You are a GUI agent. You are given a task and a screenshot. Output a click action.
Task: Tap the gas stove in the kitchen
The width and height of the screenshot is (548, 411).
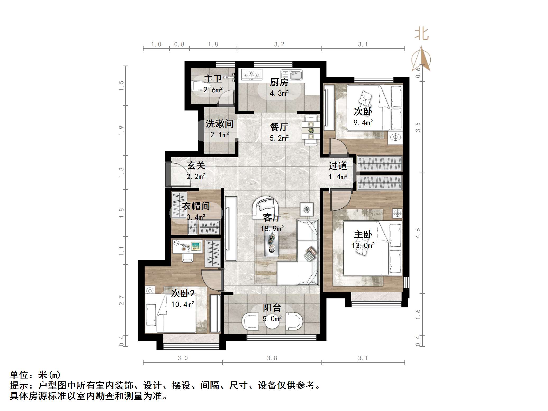(x=252, y=75)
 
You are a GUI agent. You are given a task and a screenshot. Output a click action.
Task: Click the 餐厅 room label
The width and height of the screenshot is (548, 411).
(x=279, y=127)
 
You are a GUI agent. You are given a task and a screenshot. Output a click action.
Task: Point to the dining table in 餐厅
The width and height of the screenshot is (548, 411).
(x=311, y=130)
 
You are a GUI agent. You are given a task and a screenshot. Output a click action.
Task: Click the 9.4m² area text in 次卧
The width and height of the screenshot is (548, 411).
(x=363, y=123)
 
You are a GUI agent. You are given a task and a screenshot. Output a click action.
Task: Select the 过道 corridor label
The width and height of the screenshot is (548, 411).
(x=338, y=166)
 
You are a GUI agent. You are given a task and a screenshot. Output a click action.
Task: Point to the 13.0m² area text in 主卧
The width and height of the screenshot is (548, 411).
(x=363, y=246)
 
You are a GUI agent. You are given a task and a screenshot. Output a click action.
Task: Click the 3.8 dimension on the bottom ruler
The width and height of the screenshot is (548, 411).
(x=272, y=358)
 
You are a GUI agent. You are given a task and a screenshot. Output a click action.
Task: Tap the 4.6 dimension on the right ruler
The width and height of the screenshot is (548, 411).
(x=418, y=233)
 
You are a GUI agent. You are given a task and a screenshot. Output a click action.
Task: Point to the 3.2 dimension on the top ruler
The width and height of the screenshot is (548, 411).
(x=279, y=44)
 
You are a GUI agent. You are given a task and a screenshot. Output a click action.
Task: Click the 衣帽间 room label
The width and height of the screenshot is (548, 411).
(x=196, y=206)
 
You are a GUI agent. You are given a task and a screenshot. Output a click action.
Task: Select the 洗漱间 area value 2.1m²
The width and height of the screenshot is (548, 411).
(x=220, y=135)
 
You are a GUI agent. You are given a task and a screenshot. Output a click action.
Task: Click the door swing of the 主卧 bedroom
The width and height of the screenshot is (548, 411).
(x=339, y=200)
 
